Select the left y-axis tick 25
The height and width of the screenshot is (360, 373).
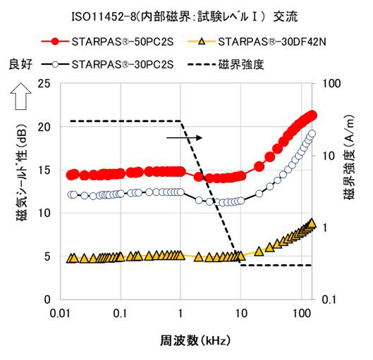pos(45,84)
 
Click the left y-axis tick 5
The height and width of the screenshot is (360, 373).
pos(48,256)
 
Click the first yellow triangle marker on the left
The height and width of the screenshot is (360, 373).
pos(71,259)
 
